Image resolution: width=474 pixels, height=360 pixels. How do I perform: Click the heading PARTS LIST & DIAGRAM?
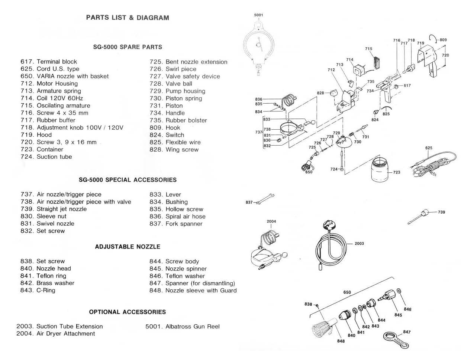(127, 17)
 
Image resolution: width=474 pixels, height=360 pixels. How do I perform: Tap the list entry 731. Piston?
(166, 106)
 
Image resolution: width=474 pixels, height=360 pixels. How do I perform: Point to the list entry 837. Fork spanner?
(176, 224)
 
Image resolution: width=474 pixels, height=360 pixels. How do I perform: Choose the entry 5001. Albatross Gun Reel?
(183, 327)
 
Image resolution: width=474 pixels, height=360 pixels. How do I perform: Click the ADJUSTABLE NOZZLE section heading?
(128, 247)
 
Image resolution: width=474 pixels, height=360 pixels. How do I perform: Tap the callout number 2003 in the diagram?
(359, 243)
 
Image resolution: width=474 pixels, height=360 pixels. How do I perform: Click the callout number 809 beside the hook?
(443, 40)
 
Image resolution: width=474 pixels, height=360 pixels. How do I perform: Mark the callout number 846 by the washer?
(407, 309)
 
